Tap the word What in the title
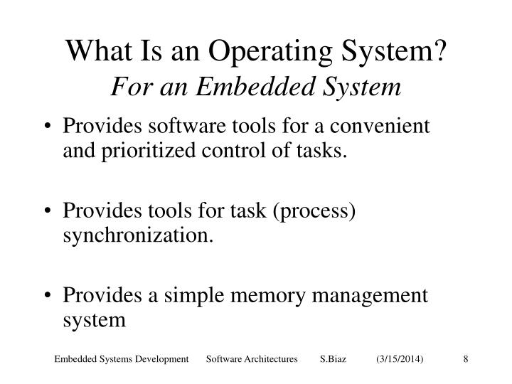pos(91,52)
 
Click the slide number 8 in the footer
pos(465,361)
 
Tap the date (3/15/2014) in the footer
pos(400,361)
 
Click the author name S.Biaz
pos(333,361)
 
